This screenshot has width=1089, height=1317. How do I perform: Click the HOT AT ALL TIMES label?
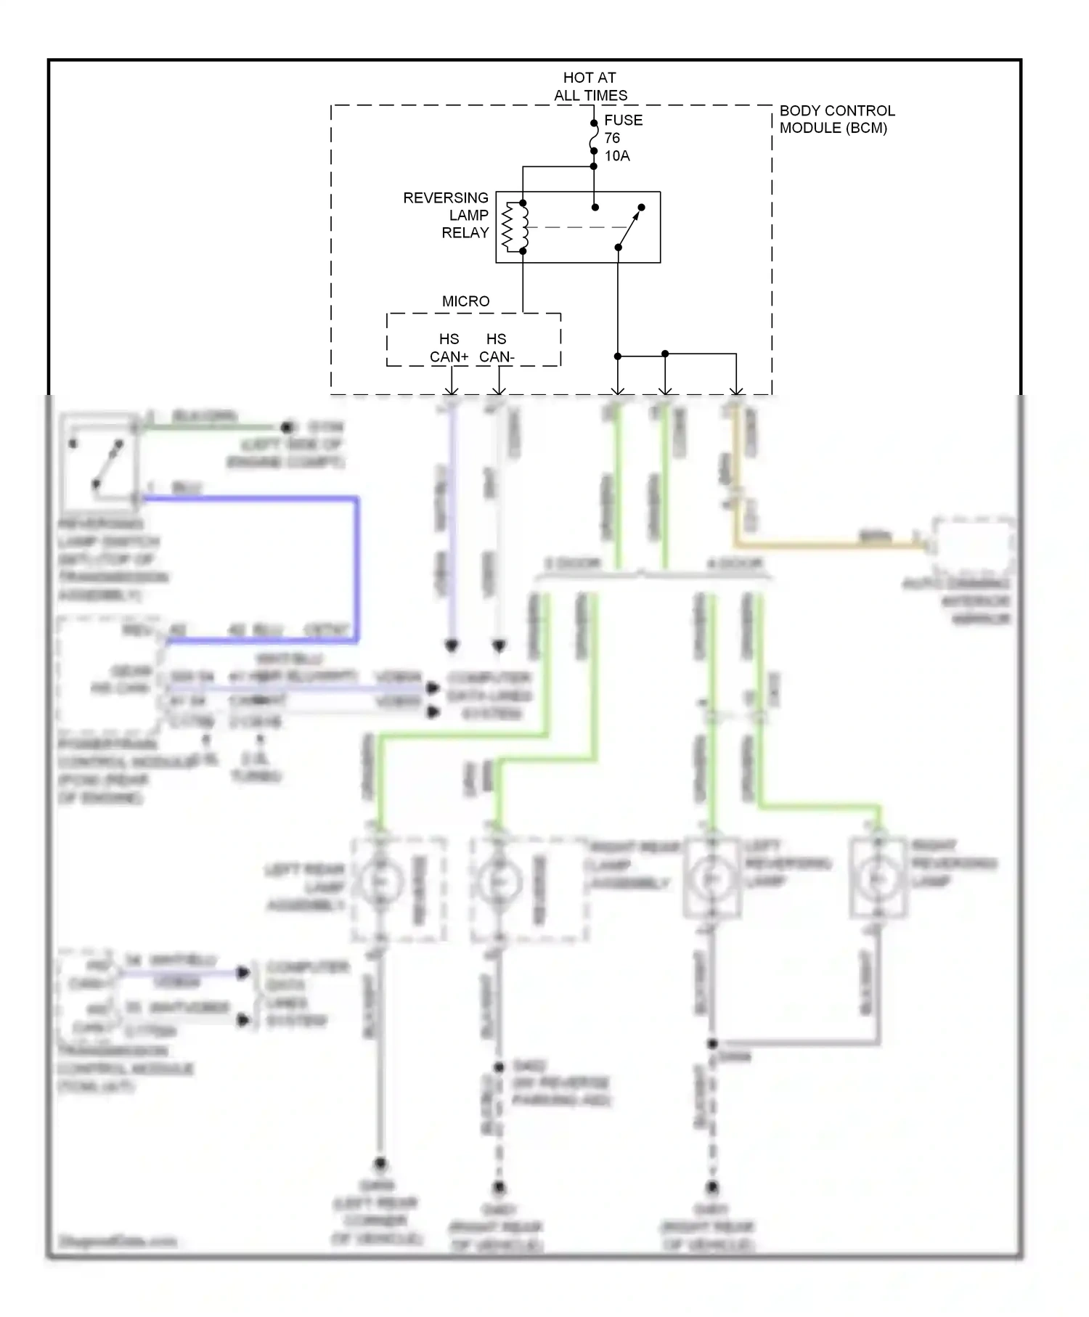coord(590,86)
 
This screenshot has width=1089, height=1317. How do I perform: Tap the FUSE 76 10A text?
coord(622,138)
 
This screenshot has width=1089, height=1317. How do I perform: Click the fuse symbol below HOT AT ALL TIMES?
coord(593,137)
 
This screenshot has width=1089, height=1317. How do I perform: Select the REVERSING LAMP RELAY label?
coord(446,215)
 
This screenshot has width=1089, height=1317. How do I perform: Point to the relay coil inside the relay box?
coord(515,227)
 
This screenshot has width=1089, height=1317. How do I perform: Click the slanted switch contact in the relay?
coord(629,227)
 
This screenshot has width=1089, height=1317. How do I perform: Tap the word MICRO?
coord(465,301)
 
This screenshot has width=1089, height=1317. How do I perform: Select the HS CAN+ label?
coord(449,348)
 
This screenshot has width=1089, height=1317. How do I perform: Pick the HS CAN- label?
coord(497,348)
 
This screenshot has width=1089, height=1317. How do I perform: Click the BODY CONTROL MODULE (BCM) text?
coord(836,119)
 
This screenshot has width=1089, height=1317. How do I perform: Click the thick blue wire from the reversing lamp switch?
coord(356,566)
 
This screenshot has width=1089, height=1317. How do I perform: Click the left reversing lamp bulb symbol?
coord(711,879)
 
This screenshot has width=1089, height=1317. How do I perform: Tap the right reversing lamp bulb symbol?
coord(878,879)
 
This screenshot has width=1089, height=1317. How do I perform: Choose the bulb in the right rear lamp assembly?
coord(498,881)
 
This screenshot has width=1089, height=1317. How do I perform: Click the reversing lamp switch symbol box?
coord(99,462)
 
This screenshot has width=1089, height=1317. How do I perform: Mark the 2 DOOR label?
coord(572,563)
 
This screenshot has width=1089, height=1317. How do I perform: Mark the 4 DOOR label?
coord(735,563)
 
